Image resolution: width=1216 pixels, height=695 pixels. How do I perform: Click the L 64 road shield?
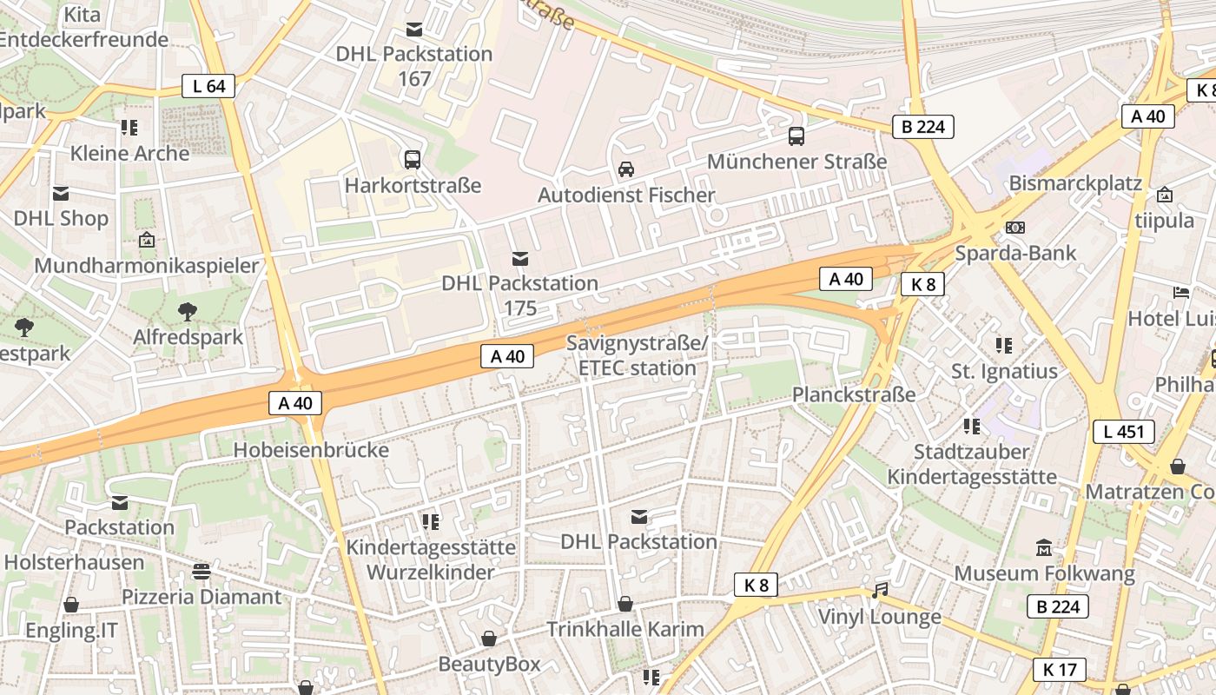[x=208, y=86]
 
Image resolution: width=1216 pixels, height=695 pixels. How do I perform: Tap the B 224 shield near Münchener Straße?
[x=923, y=127]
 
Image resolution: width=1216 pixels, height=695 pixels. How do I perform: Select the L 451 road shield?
[x=1123, y=432]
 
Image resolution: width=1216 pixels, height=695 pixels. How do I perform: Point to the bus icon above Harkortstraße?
[x=413, y=160]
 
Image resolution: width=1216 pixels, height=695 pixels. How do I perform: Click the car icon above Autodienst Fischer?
[x=625, y=169]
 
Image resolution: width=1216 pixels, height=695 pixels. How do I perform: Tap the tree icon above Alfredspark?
[x=188, y=312]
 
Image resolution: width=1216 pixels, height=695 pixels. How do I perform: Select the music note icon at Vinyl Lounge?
[x=880, y=592]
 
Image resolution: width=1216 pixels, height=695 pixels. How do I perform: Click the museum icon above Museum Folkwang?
[x=1044, y=548]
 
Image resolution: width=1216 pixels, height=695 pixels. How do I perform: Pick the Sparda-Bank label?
[x=1015, y=254]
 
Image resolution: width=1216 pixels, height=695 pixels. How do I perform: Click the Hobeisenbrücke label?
[x=311, y=450]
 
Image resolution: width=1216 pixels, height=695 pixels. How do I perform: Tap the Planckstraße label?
[x=854, y=394]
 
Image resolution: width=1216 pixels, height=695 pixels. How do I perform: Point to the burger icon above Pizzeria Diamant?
[x=202, y=572]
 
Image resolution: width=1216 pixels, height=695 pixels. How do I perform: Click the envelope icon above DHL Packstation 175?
[x=520, y=258]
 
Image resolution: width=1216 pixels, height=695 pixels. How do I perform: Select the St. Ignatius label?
[x=1004, y=372]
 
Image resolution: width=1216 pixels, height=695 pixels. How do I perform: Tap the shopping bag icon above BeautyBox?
[x=489, y=639]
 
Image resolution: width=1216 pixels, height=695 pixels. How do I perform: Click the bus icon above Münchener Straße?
[x=796, y=136]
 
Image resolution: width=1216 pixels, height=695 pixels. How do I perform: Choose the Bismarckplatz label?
[x=1075, y=184]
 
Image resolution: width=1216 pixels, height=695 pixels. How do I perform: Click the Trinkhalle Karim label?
[x=625, y=629]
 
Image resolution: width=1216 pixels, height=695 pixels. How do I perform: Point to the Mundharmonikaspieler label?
[x=147, y=266]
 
